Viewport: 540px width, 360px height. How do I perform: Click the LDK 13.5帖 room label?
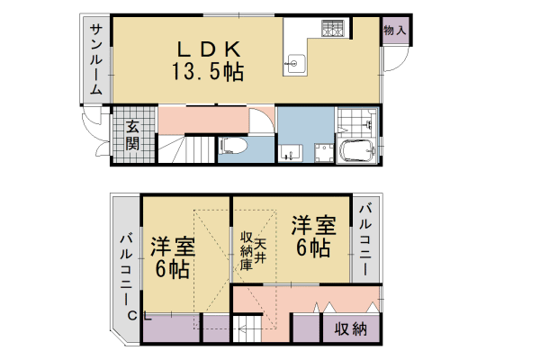point(208,58)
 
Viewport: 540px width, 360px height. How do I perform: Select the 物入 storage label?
point(395,31)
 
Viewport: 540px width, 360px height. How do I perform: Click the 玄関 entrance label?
point(132,135)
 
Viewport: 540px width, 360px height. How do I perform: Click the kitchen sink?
point(295,62)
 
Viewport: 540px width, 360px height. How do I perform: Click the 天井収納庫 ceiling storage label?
point(252,251)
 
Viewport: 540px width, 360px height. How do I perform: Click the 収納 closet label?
point(350,328)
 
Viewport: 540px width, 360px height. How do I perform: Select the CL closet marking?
point(137,314)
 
